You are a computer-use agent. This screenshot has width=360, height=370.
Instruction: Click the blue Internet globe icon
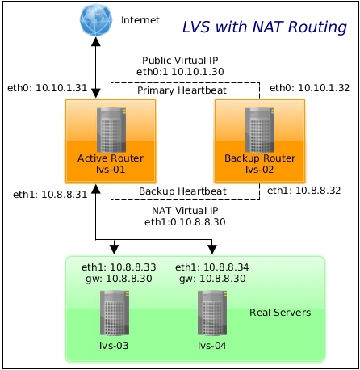pyautogui.click(x=96, y=19)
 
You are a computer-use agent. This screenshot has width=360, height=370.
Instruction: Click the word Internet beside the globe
pyautogui.click(x=140, y=20)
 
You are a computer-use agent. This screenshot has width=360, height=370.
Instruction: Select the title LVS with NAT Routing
pyautogui.click(x=265, y=27)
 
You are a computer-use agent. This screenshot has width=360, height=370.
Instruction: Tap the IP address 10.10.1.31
pyautogui.click(x=61, y=88)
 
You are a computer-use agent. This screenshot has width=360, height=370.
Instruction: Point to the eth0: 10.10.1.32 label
pyautogui.click(x=309, y=88)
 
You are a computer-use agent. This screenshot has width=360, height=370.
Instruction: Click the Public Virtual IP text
pyautogui.click(x=180, y=60)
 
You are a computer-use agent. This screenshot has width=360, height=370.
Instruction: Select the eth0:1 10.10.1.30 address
pyautogui.click(x=180, y=72)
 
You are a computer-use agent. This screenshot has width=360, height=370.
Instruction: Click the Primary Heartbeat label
pyautogui.click(x=182, y=90)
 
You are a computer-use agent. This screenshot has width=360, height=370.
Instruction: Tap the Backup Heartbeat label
pyautogui.click(x=182, y=191)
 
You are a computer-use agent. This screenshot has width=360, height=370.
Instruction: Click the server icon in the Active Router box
pyautogui.click(x=111, y=130)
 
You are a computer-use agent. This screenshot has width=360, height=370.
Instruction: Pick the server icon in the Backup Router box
pyautogui.click(x=260, y=130)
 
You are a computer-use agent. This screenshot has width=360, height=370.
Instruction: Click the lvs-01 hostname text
pyautogui.click(x=111, y=170)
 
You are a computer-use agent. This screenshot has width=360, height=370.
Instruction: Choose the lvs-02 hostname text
pyautogui.click(x=259, y=170)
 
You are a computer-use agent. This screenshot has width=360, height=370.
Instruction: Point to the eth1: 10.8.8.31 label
pyautogui.click(x=50, y=195)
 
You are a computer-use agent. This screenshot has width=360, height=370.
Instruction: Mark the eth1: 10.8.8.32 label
pyautogui.click(x=304, y=191)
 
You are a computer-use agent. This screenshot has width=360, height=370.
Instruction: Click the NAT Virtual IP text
pyautogui.click(x=185, y=210)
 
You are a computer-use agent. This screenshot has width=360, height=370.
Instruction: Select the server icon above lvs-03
pyautogui.click(x=115, y=313)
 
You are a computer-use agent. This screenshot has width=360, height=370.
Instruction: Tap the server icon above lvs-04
pyautogui.click(x=212, y=313)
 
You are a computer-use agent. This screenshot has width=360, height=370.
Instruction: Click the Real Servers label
pyautogui.click(x=280, y=313)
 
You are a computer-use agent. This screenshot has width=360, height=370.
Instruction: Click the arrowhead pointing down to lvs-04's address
pyautogui.click(x=212, y=250)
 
